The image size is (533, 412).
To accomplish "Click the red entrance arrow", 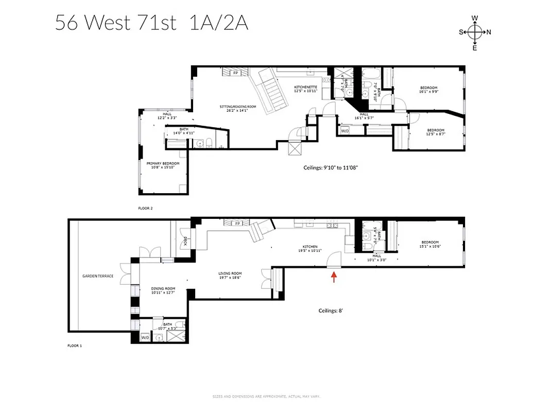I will (334, 278).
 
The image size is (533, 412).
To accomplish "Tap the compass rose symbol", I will (474, 32).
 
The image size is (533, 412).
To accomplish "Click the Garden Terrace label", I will (98, 276).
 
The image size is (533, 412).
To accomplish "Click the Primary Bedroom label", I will (163, 165).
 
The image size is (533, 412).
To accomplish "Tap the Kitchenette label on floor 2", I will (305, 89).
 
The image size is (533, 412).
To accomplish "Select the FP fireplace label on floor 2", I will (236, 73).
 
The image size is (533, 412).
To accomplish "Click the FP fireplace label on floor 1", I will (237, 224).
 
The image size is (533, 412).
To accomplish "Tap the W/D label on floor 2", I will (345, 131).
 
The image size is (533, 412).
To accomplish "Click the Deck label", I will (184, 239).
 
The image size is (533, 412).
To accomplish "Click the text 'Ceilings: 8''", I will (331, 311).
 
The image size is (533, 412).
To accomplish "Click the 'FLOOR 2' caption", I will (146, 209).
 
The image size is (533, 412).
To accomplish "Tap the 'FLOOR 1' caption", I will (75, 346).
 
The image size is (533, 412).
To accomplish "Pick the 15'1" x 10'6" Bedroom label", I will (430, 244).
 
